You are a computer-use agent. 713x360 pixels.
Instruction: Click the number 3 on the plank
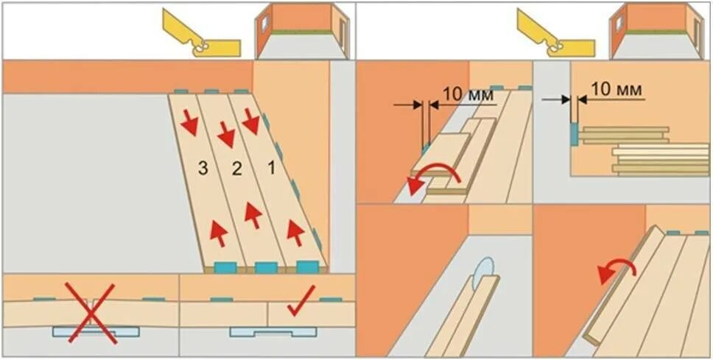tap(203, 169)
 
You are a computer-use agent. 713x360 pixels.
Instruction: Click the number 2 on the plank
tap(236, 169)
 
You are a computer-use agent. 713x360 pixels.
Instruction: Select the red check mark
tap(298, 304)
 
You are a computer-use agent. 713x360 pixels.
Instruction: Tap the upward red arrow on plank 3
tap(219, 230)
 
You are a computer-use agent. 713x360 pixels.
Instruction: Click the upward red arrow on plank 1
tap(295, 232)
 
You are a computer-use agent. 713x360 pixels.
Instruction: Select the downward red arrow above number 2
tap(225, 135)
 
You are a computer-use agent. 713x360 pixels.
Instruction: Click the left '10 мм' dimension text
tap(462, 93)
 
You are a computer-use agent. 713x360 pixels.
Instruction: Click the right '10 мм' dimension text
tap(617, 89)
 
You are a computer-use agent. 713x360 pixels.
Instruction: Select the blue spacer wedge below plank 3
tap(225, 267)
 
